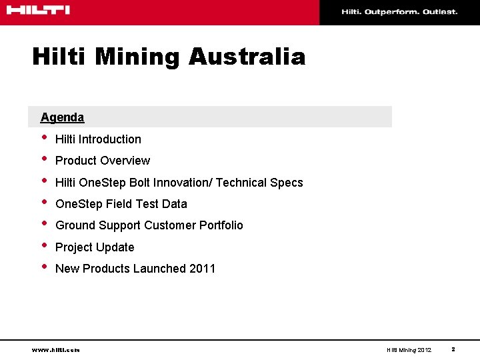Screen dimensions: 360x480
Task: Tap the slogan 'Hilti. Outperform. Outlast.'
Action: (x=399, y=12)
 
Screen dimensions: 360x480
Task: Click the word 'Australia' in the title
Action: (x=247, y=57)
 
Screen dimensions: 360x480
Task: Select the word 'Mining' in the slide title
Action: (x=137, y=57)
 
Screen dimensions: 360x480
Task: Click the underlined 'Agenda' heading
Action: (x=62, y=117)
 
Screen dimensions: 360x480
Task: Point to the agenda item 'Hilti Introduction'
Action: (x=98, y=139)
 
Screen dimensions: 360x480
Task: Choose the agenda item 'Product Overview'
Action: (x=103, y=161)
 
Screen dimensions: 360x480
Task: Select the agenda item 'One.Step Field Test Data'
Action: (x=121, y=204)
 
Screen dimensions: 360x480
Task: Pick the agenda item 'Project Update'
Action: (x=95, y=247)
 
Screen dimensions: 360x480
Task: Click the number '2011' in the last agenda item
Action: (x=202, y=269)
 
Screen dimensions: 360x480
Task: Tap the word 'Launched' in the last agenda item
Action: (x=159, y=269)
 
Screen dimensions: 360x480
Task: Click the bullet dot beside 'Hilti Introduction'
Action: (x=44, y=138)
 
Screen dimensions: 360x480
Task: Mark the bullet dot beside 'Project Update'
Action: (x=44, y=246)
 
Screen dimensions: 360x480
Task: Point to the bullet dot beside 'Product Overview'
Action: (x=44, y=159)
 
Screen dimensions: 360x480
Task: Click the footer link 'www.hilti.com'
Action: (x=55, y=349)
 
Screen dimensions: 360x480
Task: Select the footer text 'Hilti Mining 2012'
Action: (x=409, y=349)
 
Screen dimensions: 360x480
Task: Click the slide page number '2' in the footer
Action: (x=453, y=349)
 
